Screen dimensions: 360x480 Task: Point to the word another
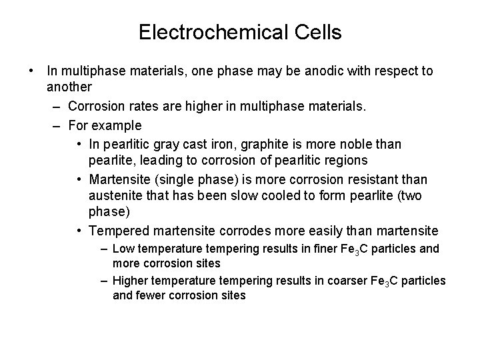point(69,87)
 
